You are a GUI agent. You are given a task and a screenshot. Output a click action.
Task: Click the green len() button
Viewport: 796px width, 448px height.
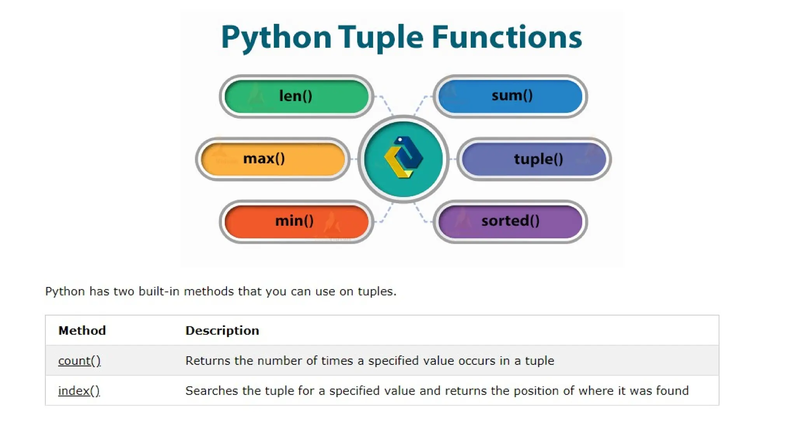(x=296, y=96)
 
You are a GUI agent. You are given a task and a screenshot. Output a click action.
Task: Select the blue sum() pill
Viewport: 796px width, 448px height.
(x=510, y=96)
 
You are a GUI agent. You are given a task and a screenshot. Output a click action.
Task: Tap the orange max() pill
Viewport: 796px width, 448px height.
(x=272, y=159)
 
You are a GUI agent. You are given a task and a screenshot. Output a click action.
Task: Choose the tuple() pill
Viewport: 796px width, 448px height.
(x=534, y=159)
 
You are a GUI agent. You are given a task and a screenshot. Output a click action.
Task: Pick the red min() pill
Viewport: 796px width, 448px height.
(x=296, y=221)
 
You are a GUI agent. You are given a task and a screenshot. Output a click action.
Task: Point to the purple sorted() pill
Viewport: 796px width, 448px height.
(x=510, y=221)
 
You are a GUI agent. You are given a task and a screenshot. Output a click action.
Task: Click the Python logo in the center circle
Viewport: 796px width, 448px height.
(x=403, y=158)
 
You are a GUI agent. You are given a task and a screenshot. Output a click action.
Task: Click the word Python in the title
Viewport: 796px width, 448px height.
(x=276, y=38)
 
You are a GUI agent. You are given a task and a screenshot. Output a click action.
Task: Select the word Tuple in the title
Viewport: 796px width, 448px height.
(x=381, y=38)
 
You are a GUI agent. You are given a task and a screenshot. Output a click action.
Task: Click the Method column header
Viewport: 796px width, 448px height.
(x=82, y=331)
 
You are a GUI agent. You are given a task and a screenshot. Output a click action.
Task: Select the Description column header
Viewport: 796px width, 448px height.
(x=222, y=331)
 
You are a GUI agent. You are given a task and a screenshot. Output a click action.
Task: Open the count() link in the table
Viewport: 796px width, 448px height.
(x=79, y=361)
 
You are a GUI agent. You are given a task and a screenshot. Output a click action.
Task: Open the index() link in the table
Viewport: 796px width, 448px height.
(x=79, y=391)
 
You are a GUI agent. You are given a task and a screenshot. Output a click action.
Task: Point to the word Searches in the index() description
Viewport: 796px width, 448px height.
(x=211, y=391)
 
